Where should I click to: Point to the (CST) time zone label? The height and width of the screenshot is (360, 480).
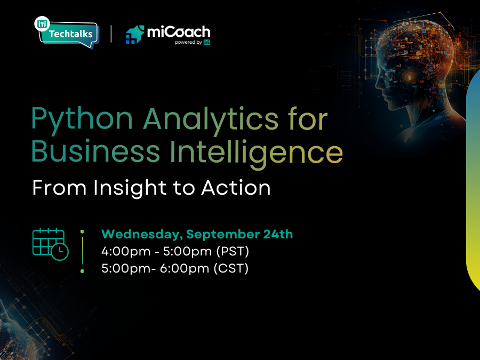pos(231,268)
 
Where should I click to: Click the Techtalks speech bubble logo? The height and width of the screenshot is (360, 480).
pos(67,33)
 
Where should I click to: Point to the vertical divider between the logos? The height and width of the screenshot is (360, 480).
pos(111,33)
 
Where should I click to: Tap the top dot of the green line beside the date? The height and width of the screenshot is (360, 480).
pos(82,231)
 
